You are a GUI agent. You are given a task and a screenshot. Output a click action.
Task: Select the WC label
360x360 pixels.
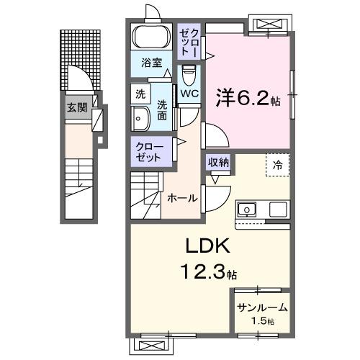(x=190, y=94)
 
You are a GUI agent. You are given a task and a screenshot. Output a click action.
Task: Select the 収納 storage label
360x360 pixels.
(x=218, y=162)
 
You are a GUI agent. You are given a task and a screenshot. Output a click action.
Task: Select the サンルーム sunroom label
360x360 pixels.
(x=261, y=307)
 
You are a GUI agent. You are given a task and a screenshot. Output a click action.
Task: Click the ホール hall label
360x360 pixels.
(x=182, y=197)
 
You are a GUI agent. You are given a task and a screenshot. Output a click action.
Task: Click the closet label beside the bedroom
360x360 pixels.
(x=192, y=41)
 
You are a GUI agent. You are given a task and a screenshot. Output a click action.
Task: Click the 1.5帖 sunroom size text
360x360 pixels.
(x=261, y=320)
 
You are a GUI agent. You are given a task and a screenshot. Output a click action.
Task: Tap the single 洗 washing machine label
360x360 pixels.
(x=140, y=94)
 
